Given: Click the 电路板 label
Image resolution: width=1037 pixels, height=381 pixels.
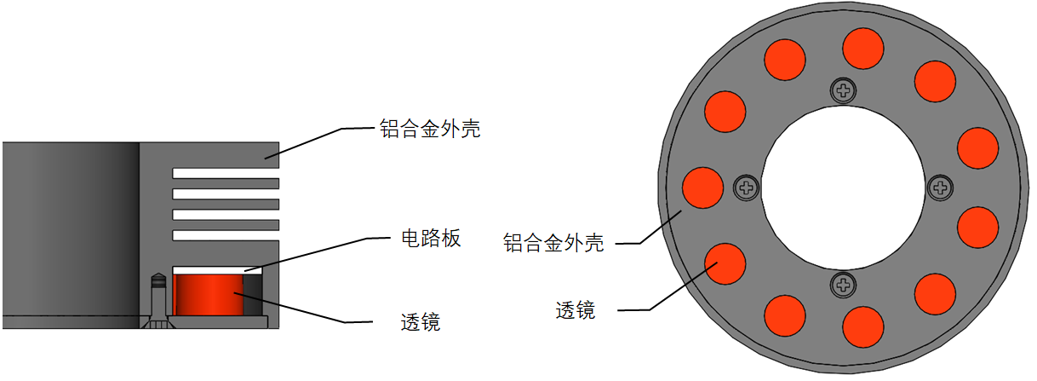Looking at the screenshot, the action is pyautogui.click(x=431, y=239).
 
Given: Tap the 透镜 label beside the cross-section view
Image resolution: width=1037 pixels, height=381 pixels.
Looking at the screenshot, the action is pyautogui.click(x=421, y=322).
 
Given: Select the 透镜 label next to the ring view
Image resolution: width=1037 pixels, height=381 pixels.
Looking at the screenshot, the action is pyautogui.click(x=576, y=310).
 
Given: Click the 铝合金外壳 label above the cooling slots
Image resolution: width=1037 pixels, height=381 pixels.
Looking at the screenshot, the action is pyautogui.click(x=430, y=129).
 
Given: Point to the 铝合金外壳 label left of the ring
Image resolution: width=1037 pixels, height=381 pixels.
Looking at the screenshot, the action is pyautogui.click(x=553, y=243).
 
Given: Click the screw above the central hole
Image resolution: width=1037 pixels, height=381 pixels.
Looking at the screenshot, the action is pyautogui.click(x=844, y=90).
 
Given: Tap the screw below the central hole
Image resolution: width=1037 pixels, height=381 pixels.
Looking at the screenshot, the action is pyautogui.click(x=844, y=285).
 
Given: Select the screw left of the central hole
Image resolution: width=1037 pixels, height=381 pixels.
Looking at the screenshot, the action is pyautogui.click(x=747, y=188).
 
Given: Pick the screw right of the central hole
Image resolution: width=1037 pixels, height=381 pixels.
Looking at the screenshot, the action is pyautogui.click(x=940, y=188).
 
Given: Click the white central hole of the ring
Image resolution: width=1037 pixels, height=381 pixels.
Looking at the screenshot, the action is pyautogui.click(x=843, y=188).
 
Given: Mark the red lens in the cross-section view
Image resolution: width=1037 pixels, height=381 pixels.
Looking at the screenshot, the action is pyautogui.click(x=209, y=295).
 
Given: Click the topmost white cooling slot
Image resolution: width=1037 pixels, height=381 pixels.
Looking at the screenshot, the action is pyautogui.click(x=226, y=173).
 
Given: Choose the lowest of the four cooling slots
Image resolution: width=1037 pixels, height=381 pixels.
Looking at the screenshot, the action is pyautogui.click(x=226, y=235).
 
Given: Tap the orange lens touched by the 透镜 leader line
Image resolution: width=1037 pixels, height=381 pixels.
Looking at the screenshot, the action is pyautogui.click(x=725, y=263).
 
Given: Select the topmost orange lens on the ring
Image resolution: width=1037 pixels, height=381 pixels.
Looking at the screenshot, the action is pyautogui.click(x=863, y=49).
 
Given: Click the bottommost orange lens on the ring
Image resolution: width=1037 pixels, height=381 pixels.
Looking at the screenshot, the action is pyautogui.click(x=863, y=326).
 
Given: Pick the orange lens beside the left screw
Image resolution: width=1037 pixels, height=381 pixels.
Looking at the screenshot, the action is pyautogui.click(x=702, y=188).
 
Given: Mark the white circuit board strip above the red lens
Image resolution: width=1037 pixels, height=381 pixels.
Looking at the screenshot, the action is pyautogui.click(x=217, y=269).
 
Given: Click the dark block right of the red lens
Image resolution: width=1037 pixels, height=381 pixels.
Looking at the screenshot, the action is pyautogui.click(x=253, y=295).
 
